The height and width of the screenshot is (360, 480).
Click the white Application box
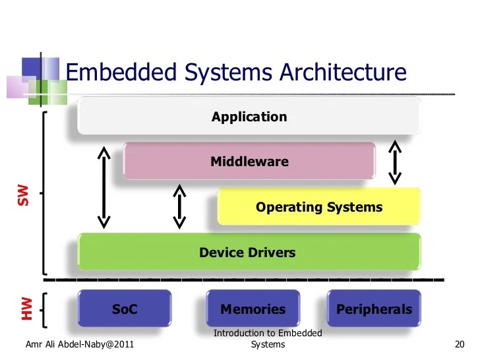(x=249, y=117)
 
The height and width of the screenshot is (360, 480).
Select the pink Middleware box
(x=249, y=161)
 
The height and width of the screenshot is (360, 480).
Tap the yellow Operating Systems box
(x=318, y=207)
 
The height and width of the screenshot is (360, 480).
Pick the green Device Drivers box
(x=249, y=252)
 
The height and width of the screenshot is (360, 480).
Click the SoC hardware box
(x=125, y=309)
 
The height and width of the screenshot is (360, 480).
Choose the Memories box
(x=253, y=309)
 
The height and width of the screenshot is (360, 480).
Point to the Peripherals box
(x=374, y=309)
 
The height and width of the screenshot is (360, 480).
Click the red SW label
(x=24, y=195)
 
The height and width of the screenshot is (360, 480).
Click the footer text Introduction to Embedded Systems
(x=268, y=339)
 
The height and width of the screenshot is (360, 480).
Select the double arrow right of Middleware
(x=394, y=162)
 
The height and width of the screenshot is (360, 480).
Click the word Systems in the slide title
(x=224, y=73)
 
